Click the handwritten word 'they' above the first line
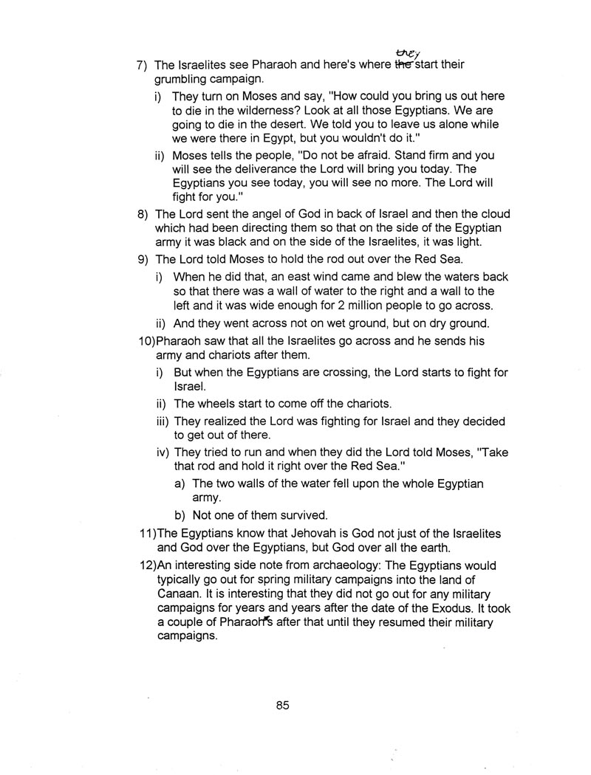(x=407, y=52)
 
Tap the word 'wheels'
(x=213, y=404)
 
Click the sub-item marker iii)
(x=163, y=421)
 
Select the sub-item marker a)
(x=180, y=483)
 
